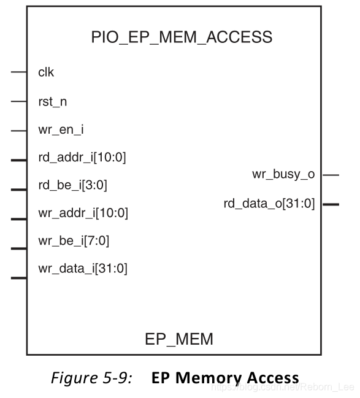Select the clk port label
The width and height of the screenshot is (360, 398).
pyautogui.click(x=46, y=72)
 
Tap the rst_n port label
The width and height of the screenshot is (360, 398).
pyautogui.click(x=53, y=102)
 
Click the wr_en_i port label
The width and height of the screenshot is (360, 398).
pyautogui.click(x=61, y=130)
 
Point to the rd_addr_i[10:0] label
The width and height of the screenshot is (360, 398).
pyautogui.click(x=82, y=158)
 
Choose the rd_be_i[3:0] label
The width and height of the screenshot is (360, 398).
pyautogui.click(x=72, y=185)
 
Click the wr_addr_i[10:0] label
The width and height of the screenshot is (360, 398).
pyautogui.click(x=83, y=213)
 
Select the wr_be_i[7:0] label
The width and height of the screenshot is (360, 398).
pyautogui.click(x=74, y=241)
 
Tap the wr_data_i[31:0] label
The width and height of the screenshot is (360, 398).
pyautogui.click(x=83, y=269)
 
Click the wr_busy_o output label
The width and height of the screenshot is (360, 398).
pyautogui.click(x=283, y=174)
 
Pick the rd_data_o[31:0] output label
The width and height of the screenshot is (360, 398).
pyautogui.click(x=269, y=204)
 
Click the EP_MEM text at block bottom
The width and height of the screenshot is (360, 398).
pyautogui.click(x=179, y=340)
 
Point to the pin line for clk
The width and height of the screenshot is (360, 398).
pyautogui.click(x=19, y=72)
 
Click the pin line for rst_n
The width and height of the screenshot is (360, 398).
pyautogui.click(x=19, y=102)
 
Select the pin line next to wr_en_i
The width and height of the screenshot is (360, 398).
pyautogui.click(x=19, y=131)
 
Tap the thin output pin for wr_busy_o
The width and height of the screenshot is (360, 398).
pyautogui.click(x=331, y=175)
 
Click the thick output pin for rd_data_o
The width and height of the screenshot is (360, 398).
pyautogui.click(x=331, y=204)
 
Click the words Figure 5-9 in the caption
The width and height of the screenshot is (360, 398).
pyautogui.click(x=92, y=378)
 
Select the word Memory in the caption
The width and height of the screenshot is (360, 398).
pyautogui.click(x=208, y=378)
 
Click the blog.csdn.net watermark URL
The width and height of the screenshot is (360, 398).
pyautogui.click(x=283, y=387)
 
